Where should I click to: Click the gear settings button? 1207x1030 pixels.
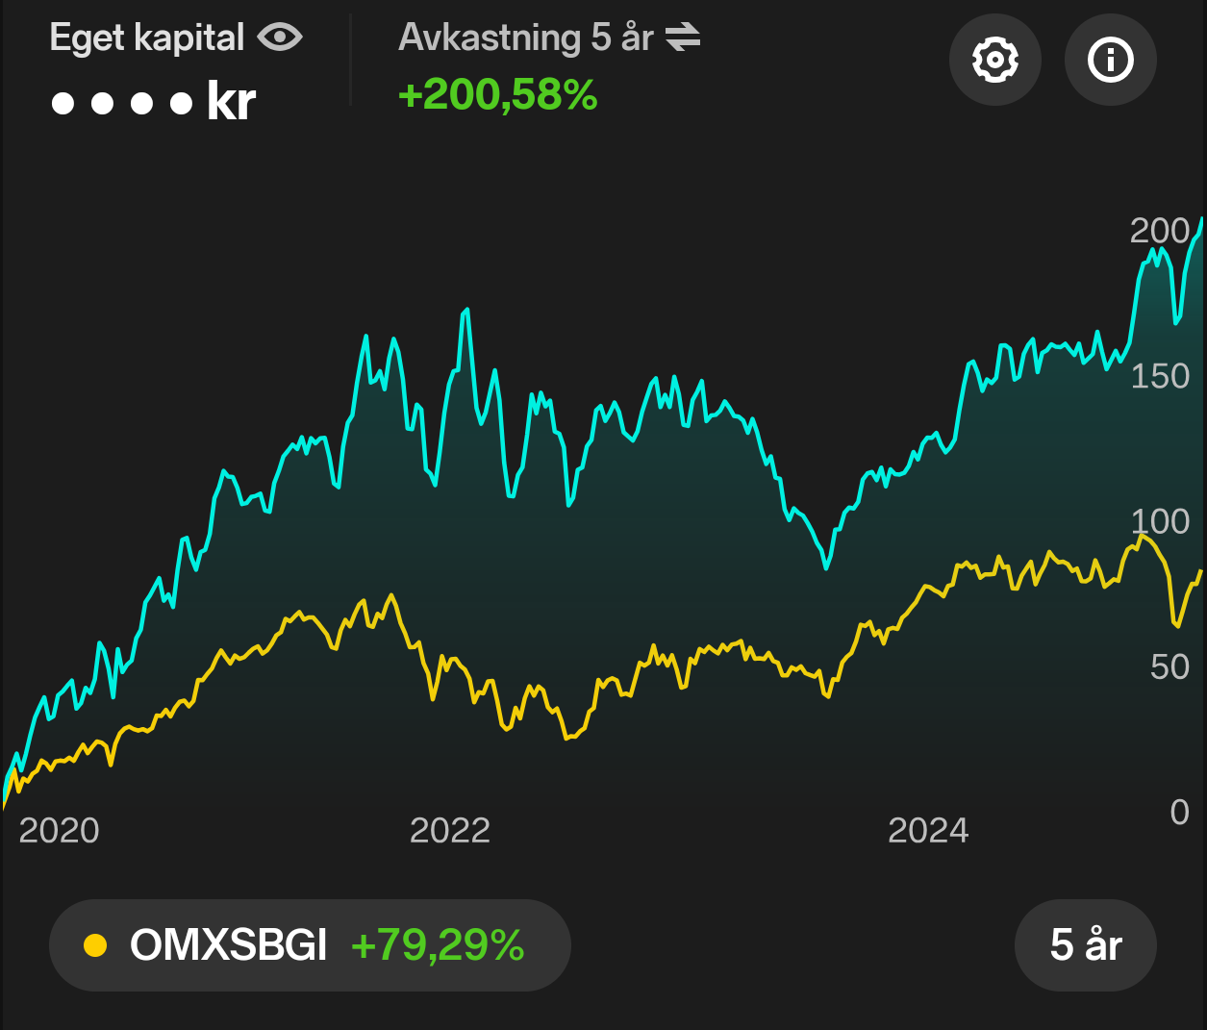click(x=994, y=60)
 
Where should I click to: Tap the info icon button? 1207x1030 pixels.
click(x=1110, y=60)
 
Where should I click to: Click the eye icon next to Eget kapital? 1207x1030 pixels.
click(x=280, y=38)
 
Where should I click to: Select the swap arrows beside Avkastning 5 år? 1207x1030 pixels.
click(x=683, y=38)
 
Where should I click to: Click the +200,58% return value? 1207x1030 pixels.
click(x=498, y=95)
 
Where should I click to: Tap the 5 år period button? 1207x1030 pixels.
click(x=1085, y=944)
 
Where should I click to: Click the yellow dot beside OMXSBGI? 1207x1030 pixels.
click(x=95, y=945)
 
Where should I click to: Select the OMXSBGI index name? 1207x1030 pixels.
click(x=229, y=945)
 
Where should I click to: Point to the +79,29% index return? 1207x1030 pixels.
click(x=438, y=945)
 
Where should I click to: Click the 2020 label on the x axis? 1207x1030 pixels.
click(x=59, y=830)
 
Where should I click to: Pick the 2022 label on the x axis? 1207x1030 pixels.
click(x=450, y=830)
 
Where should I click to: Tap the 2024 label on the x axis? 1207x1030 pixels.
click(x=928, y=830)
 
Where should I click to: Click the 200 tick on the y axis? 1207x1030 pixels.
click(x=1160, y=231)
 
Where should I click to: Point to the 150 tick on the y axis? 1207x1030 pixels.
click(x=1160, y=376)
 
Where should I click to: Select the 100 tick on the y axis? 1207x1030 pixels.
click(x=1160, y=521)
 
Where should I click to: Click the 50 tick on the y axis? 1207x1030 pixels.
click(x=1169, y=666)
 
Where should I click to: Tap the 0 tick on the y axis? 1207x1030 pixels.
click(x=1180, y=812)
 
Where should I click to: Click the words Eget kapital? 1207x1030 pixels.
click(x=147, y=38)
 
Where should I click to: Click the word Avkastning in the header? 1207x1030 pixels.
click(x=490, y=38)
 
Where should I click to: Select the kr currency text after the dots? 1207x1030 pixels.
click(x=231, y=102)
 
